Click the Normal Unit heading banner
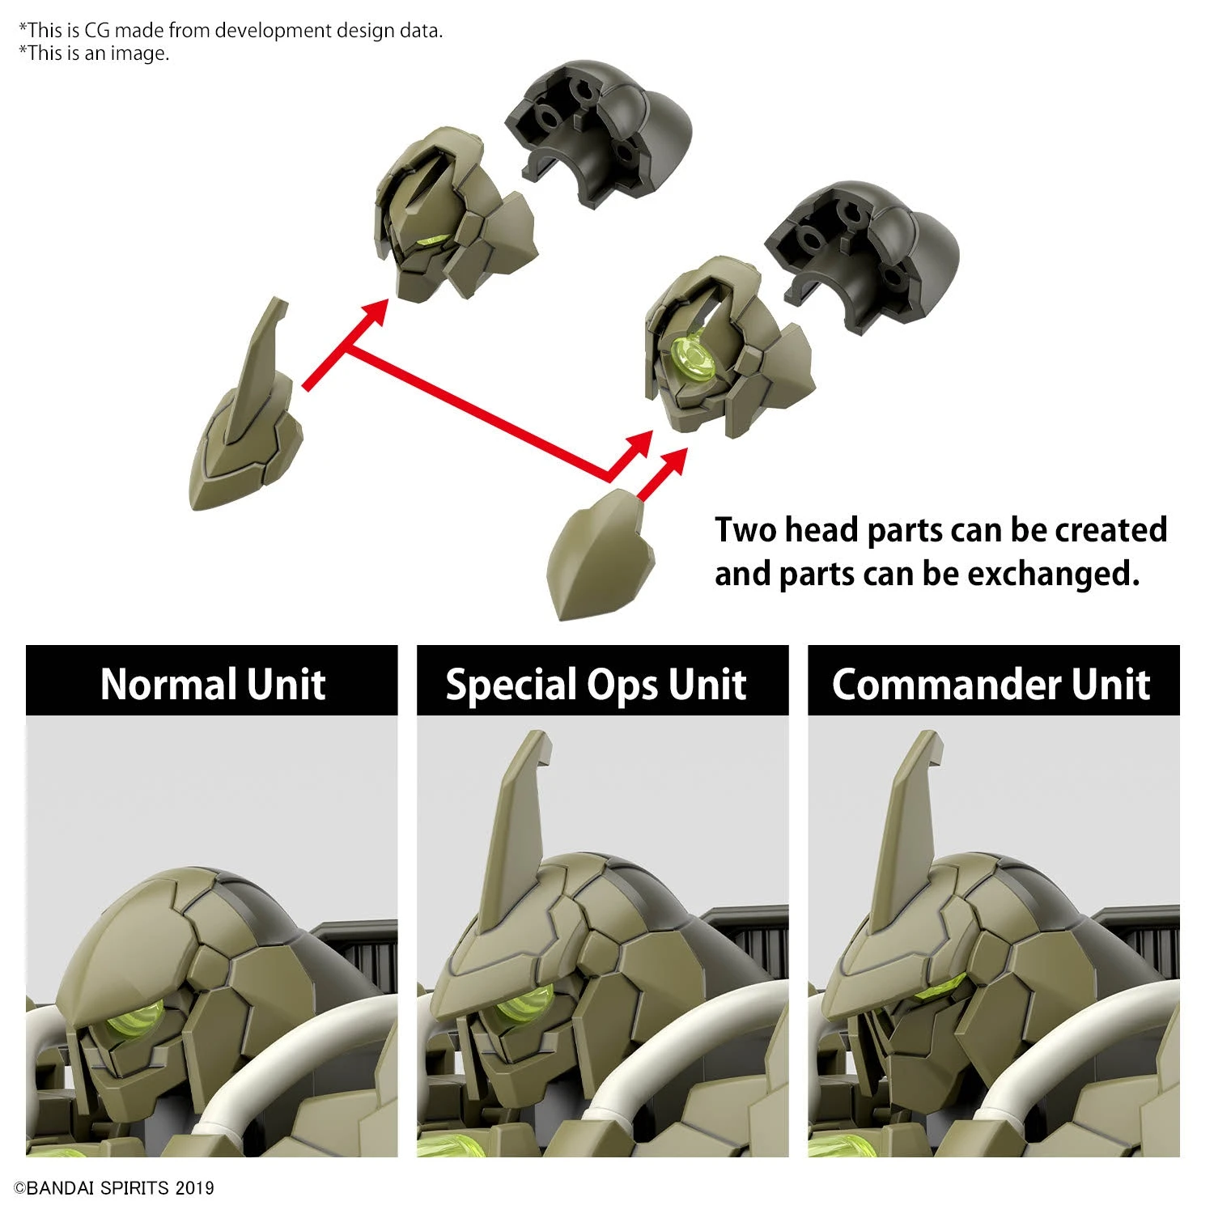212,681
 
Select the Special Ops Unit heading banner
603,681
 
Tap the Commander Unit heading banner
994,681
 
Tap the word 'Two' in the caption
745,530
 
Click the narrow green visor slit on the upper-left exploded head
433,240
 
